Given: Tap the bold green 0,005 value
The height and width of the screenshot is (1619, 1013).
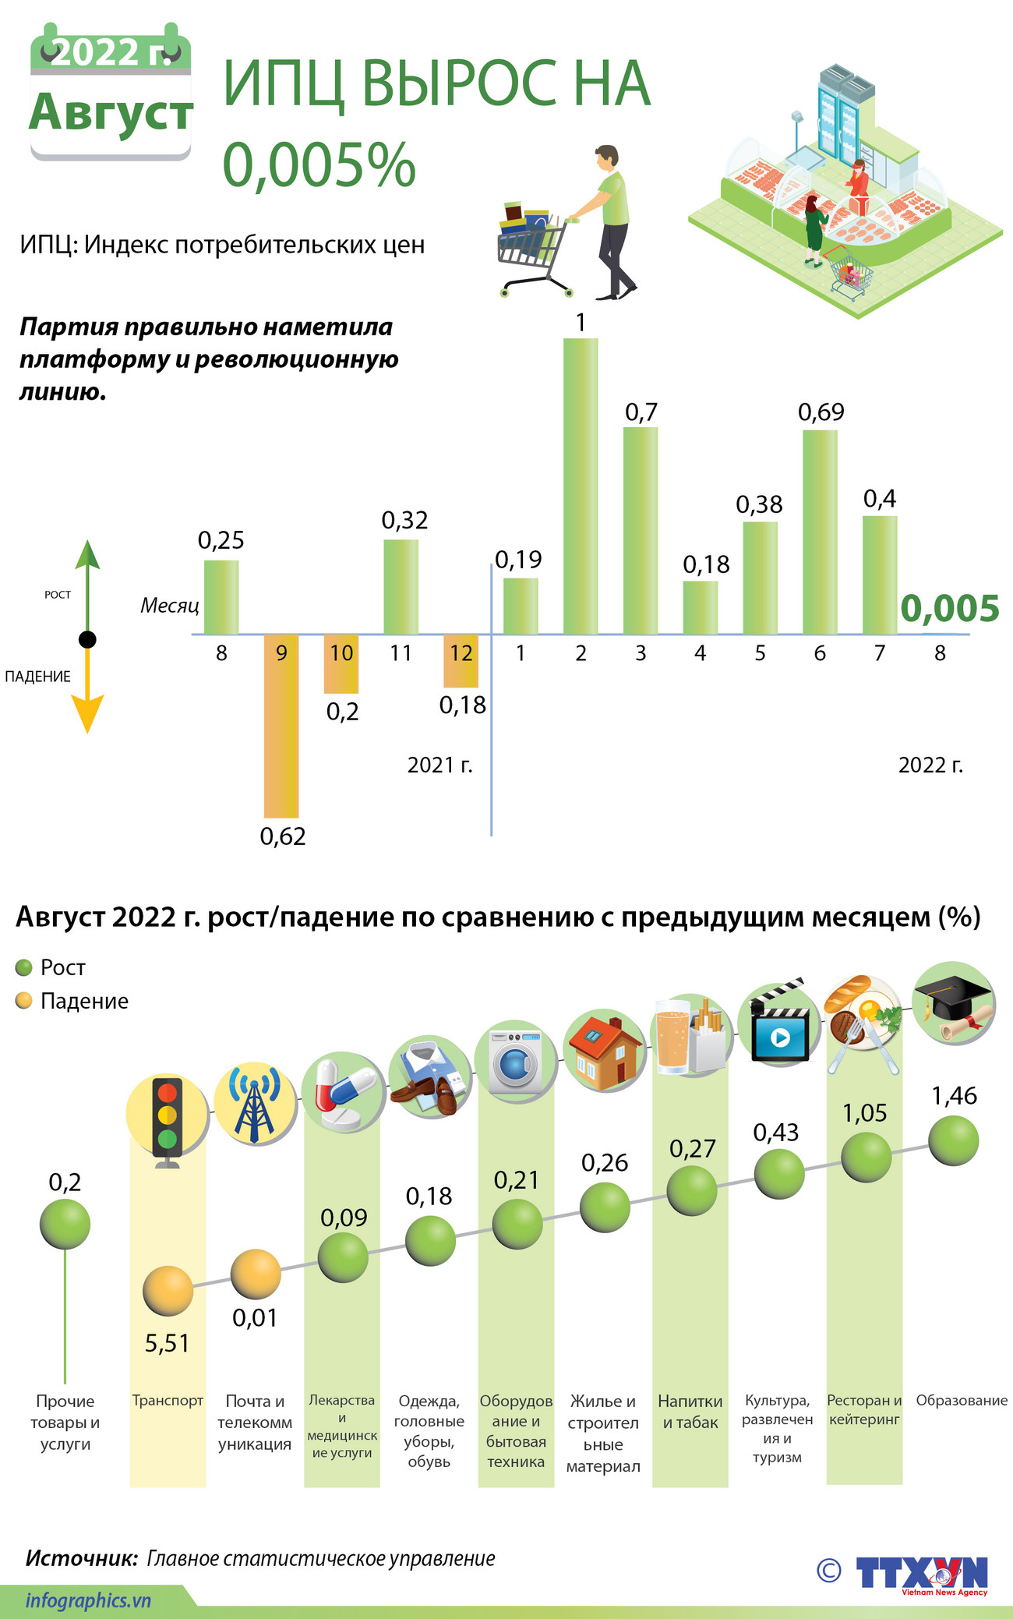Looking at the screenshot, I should click(950, 609).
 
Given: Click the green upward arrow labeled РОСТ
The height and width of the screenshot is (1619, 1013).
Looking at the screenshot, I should click(87, 577).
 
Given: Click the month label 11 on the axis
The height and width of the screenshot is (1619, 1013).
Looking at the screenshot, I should click(401, 653).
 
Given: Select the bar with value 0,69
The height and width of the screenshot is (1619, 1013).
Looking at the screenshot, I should click(820, 532).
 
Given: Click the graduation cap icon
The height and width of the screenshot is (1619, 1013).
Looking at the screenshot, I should click(954, 1003).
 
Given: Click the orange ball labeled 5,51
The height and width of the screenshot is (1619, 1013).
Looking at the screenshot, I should click(168, 1291).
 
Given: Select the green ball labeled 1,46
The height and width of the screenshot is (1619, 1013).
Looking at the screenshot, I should click(954, 1140).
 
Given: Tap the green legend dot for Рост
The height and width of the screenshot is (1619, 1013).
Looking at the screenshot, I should click(24, 967).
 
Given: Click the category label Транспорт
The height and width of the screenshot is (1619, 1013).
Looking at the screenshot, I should click(168, 1401).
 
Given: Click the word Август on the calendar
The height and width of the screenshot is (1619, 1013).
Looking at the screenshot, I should click(111, 113).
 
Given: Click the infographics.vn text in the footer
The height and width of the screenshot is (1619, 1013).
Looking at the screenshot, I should click(87, 1601).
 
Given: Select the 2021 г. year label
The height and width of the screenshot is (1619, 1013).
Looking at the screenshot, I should click(439, 765).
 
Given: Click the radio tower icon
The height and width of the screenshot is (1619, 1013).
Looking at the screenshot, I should click(255, 1105).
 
